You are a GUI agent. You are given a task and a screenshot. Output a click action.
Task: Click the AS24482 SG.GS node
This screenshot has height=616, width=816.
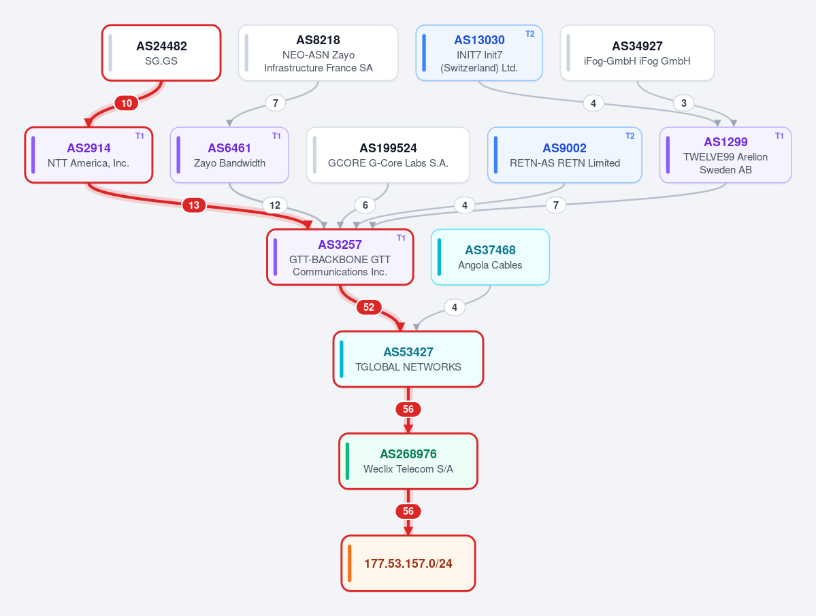[x=161, y=53]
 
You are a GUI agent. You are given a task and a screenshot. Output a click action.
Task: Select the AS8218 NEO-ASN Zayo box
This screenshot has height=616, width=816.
[x=318, y=53]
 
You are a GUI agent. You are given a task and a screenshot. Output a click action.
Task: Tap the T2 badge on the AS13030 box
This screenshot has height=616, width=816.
[x=529, y=34]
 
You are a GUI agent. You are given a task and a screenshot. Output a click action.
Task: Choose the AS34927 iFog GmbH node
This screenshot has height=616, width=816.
[x=637, y=53]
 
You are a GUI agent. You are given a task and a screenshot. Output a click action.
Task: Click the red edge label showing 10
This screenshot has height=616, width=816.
[x=127, y=103]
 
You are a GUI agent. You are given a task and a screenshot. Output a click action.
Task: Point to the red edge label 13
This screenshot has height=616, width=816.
[x=193, y=205]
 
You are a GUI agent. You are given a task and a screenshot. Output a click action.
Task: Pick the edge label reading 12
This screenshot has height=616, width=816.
[x=275, y=205]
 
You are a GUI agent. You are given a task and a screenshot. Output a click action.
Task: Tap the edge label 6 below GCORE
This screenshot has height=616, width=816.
[x=365, y=205]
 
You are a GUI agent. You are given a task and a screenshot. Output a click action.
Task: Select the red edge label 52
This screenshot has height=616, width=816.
[x=369, y=307]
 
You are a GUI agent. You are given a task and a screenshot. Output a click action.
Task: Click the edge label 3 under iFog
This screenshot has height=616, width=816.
[x=684, y=103]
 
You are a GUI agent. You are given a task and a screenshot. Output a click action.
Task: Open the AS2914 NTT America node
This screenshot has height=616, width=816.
[x=88, y=155]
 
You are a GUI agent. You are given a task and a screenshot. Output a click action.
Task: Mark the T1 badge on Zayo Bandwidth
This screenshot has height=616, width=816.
[x=276, y=136]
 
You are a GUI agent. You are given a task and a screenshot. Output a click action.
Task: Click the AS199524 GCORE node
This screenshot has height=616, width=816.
[x=388, y=155]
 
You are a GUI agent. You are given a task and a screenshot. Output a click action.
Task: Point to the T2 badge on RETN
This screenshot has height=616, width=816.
[x=630, y=136]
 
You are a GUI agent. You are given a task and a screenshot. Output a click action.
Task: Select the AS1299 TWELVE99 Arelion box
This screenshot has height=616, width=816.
[x=725, y=155]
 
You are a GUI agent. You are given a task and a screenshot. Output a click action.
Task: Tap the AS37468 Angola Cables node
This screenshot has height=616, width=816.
[x=490, y=257]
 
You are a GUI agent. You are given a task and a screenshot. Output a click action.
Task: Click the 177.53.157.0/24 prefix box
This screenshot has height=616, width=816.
[x=408, y=564]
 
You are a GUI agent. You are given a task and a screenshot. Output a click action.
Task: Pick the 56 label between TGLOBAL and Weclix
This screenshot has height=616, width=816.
[x=408, y=409]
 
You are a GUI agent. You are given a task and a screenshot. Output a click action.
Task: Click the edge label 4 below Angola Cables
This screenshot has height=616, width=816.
[x=455, y=307]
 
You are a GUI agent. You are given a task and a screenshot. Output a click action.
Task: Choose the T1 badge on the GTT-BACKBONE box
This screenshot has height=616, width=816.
[x=401, y=237]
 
